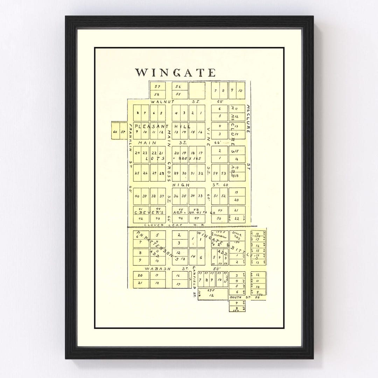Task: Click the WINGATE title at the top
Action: pos(175,72)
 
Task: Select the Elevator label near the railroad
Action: pos(220,236)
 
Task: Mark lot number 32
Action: pos(201,174)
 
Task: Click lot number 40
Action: pos(137,196)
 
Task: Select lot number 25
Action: pos(137,174)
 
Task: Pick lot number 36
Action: pos(176,196)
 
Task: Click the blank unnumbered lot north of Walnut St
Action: pos(197,90)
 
